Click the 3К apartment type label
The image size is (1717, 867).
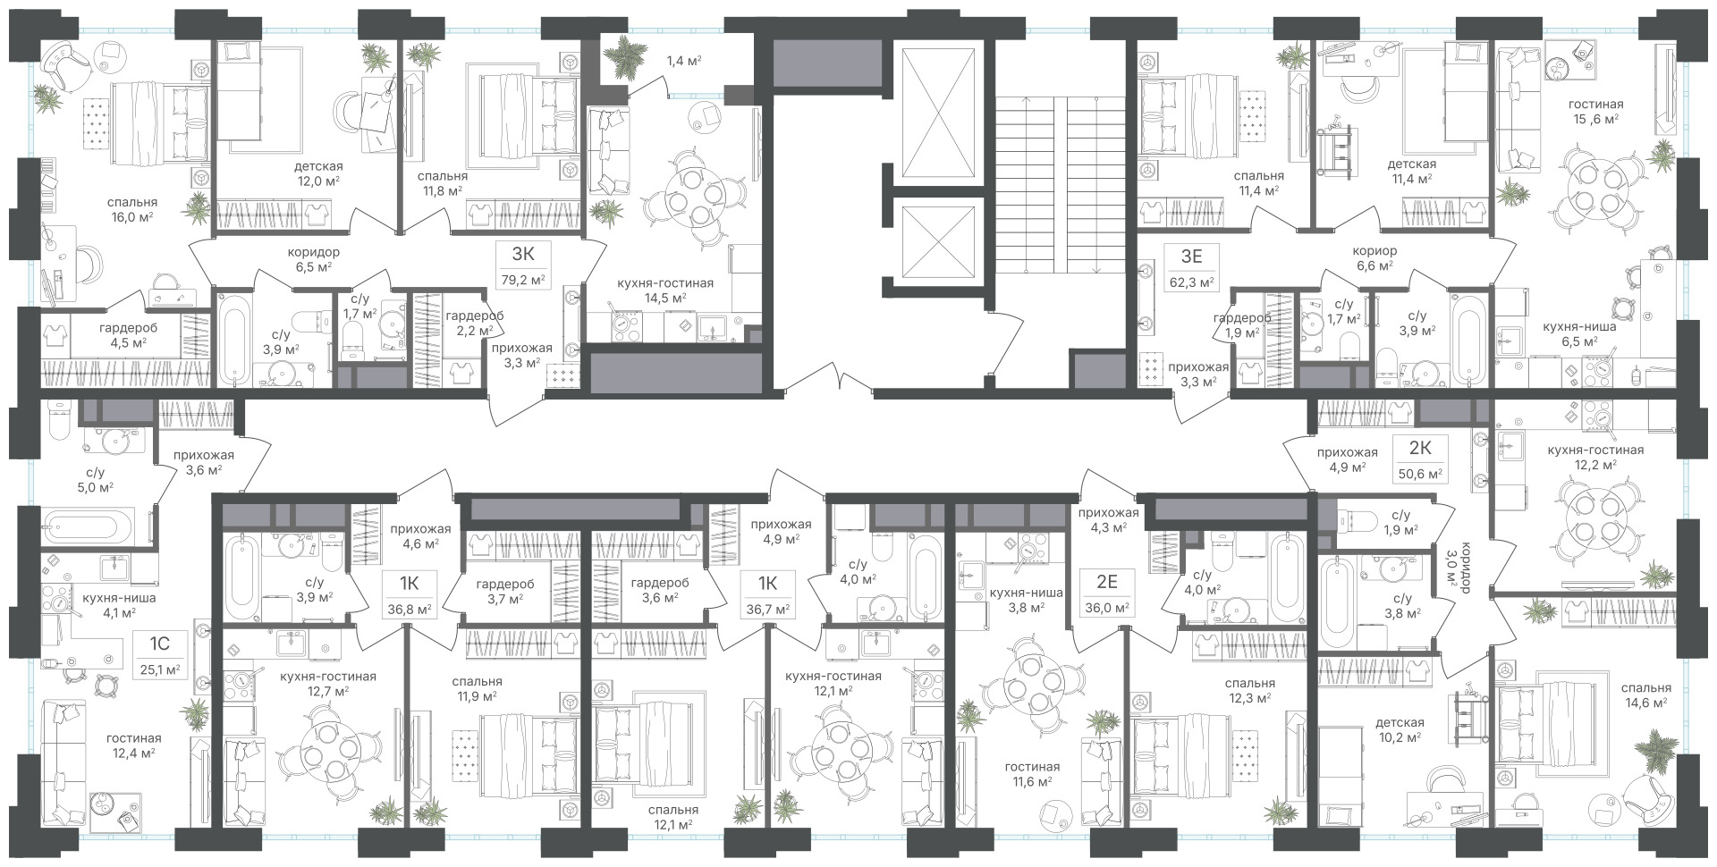click(x=523, y=254)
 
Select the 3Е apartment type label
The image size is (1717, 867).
click(x=1191, y=257)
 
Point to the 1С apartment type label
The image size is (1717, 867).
click(x=162, y=643)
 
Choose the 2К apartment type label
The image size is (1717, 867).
click(x=1417, y=448)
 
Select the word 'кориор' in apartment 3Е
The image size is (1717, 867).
click(x=1374, y=251)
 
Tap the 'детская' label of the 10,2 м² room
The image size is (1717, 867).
click(x=1400, y=722)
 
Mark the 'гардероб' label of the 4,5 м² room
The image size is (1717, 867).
click(x=123, y=326)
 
